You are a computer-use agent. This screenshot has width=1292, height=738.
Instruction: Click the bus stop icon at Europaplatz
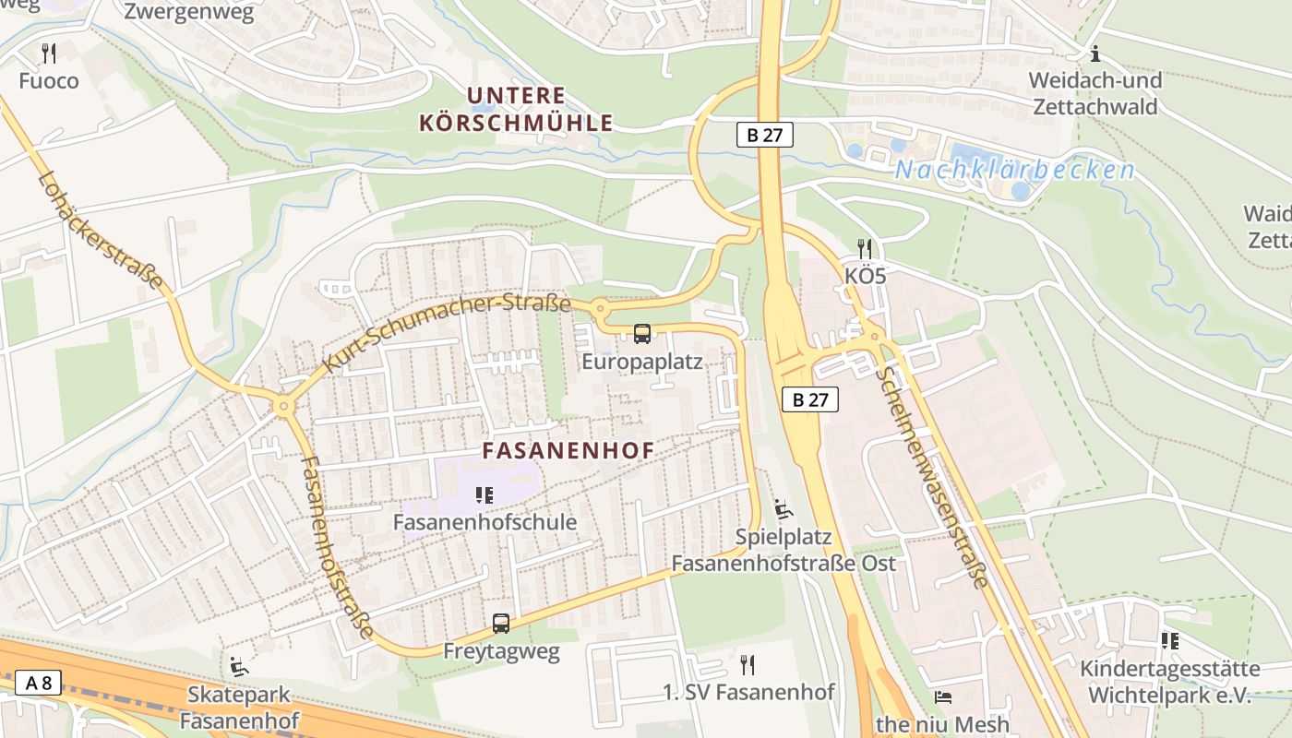click(642, 334)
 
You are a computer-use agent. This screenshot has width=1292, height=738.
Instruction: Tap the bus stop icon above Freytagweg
click(501, 624)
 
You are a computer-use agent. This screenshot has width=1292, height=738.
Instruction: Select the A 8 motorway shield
click(38, 684)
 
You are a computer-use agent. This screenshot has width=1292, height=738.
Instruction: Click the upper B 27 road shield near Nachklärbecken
click(765, 135)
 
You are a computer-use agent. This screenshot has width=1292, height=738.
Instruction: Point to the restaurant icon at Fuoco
click(49, 54)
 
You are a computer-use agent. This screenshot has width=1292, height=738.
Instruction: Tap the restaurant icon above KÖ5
click(865, 248)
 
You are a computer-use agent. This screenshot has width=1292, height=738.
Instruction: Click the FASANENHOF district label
click(568, 451)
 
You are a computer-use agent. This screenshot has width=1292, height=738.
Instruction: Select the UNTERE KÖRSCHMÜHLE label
click(516, 109)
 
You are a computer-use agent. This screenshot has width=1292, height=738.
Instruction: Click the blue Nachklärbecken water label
click(1014, 170)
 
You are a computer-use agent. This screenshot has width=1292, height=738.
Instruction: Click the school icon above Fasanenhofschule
click(484, 495)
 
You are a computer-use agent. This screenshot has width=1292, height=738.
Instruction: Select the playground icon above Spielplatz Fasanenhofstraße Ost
click(783, 508)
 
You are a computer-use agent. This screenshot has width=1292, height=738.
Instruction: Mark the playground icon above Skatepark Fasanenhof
click(239, 665)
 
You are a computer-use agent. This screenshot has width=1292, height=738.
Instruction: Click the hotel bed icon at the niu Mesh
click(943, 696)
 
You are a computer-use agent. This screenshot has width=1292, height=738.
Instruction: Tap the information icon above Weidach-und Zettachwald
click(1095, 54)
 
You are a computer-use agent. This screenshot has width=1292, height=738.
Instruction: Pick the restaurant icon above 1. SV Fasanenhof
click(748, 664)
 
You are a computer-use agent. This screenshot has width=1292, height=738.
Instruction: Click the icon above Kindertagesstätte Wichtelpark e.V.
click(1170, 640)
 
